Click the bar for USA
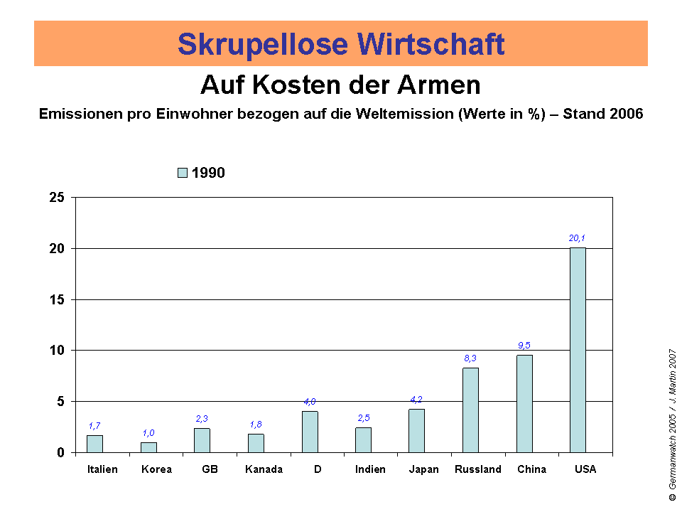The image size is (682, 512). coord(578,350)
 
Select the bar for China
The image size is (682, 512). coord(524,403)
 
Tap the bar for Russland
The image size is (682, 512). coord(470,410)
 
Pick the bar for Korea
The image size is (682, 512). coord(148,447)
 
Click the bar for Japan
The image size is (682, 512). coord(416,430)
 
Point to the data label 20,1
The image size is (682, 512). coord(577,238)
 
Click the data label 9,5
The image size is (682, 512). coord(524,346)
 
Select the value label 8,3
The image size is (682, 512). coord(470,358)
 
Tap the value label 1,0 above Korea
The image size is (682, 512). coord(148,432)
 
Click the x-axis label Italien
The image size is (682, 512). coord(102,469)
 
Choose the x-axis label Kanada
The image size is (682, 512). coord(264,469)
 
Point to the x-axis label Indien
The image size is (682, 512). coord(370,469)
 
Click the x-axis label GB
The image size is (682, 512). coord(210,469)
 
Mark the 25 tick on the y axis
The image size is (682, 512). coord(57,198)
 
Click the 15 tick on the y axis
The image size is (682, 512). coord(57,299)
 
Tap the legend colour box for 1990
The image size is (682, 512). coord(182,173)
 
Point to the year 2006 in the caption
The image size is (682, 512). coord(627,114)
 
